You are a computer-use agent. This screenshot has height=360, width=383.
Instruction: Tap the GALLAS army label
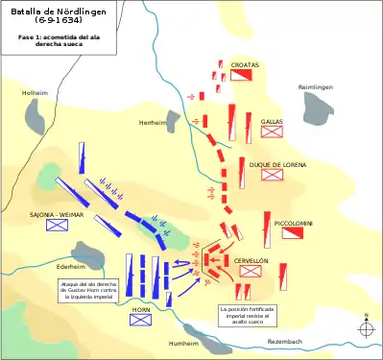tap(270, 122)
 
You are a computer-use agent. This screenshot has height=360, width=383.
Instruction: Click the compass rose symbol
tap(366, 329)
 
